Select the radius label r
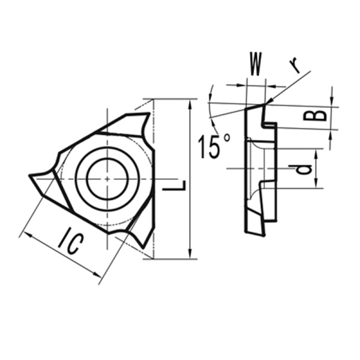click(295, 65)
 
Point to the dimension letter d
click(304, 169)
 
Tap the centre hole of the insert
click(107, 178)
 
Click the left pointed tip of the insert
click(31, 176)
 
